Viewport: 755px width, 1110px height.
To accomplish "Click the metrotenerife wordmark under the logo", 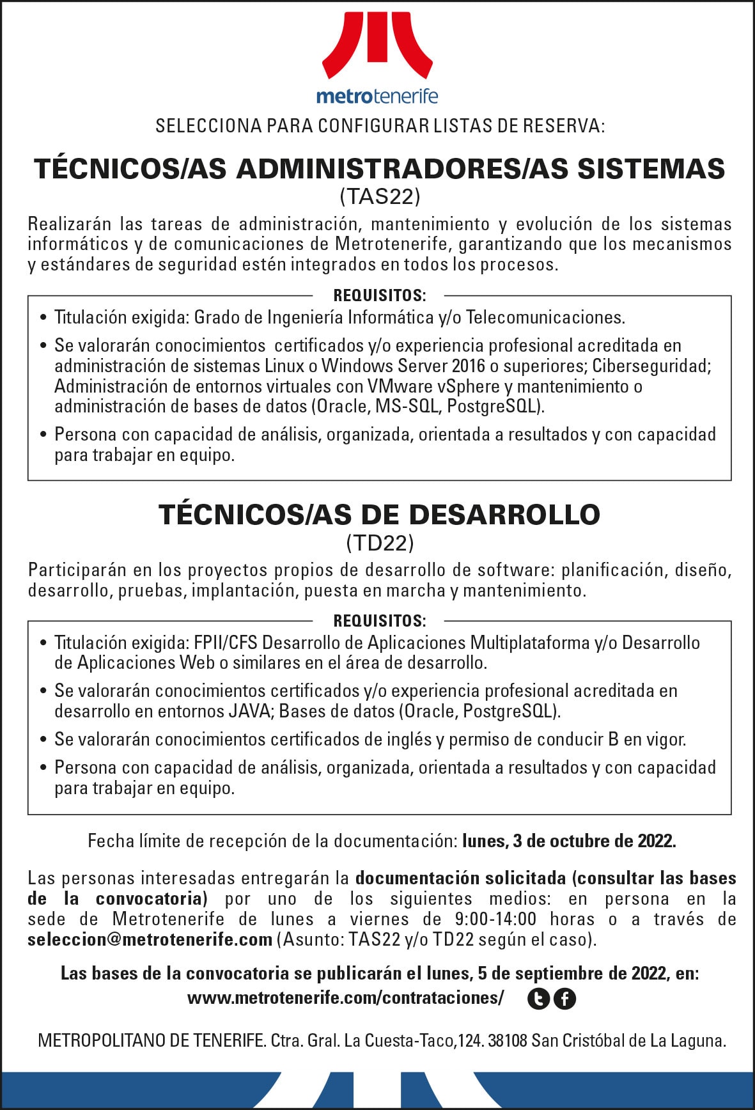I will coord(377,97).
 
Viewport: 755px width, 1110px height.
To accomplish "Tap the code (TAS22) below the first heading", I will coord(380,196).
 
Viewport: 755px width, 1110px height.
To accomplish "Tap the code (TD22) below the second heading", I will coord(380,543).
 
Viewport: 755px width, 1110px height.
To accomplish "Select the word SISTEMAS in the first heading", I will coord(651,169).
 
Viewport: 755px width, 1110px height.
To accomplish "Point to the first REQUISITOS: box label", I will coord(379,295).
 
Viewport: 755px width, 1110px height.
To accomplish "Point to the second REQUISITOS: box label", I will coord(379,621).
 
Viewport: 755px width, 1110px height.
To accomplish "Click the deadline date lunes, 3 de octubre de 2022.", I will coord(569,841).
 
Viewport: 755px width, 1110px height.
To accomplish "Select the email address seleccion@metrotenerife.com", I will coord(150,939).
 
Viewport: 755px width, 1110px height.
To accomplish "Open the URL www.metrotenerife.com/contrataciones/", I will coord(345,998).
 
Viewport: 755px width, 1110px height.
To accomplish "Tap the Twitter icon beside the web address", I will coord(538,999).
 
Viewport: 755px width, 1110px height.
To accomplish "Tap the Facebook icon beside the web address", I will coord(564,999).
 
